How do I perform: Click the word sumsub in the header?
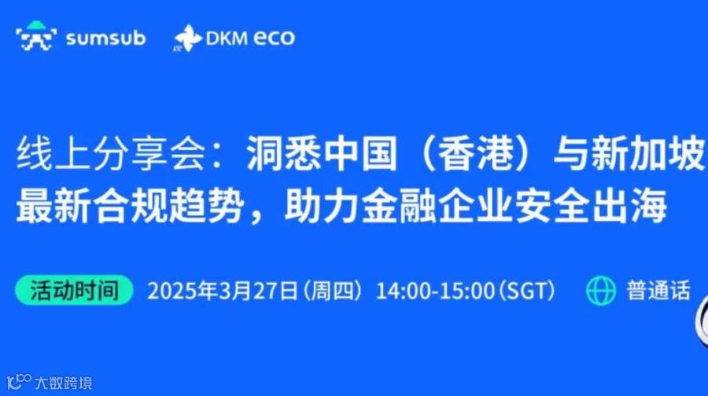click(105, 38)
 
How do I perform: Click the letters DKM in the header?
click(225, 38)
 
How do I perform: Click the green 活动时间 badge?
click(75, 291)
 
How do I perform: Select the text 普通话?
click(658, 291)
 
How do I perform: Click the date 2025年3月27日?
click(222, 291)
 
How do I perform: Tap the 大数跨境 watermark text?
click(64, 383)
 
